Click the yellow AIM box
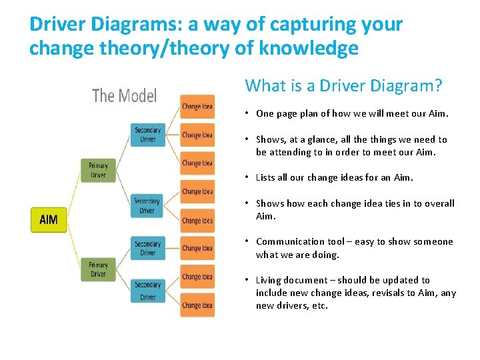pos(49,220)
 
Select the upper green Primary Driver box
pos(98,170)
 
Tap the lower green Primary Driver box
pos(98,269)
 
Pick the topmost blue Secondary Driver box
pos(147,135)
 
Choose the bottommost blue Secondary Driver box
pos(147,291)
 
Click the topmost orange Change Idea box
pos(197,107)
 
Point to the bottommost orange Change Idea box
pos(197,305)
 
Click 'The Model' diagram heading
pos(124,96)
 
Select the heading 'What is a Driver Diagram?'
pos(343,85)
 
